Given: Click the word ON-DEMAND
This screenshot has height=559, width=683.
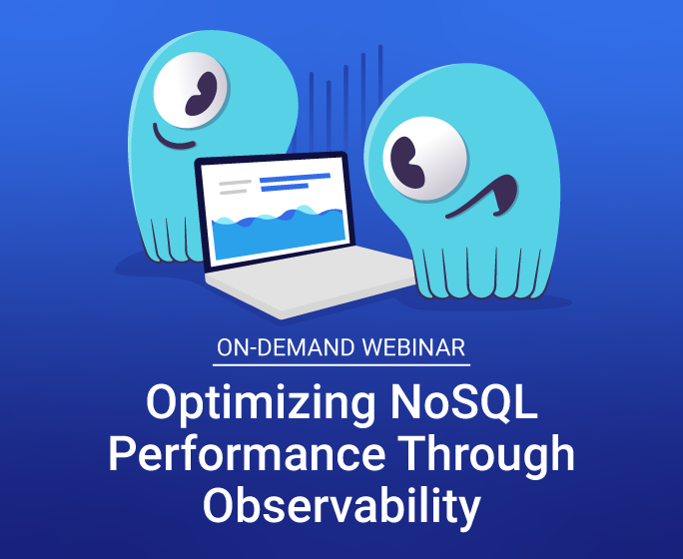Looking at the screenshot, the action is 286,347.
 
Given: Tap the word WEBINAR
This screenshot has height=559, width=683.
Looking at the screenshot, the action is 413,347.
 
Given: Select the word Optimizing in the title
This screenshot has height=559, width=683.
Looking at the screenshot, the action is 261,403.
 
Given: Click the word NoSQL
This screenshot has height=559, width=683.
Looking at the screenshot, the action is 464,402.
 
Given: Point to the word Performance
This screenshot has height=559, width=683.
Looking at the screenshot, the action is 247,454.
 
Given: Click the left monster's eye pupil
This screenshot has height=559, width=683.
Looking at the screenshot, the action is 201,94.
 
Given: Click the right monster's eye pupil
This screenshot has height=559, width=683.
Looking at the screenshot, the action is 406,163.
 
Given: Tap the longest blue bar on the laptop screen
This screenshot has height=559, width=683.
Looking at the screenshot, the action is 295,178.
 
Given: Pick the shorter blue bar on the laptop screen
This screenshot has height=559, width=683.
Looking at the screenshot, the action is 285,188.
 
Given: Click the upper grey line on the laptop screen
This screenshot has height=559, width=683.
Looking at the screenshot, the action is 236,183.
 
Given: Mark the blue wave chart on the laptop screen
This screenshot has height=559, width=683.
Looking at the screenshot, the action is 278,232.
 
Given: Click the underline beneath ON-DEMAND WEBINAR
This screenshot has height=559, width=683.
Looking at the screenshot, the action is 341,364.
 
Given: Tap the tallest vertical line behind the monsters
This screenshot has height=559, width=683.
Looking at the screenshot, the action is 380,74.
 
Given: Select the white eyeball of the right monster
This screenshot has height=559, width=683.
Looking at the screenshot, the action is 424,159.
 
